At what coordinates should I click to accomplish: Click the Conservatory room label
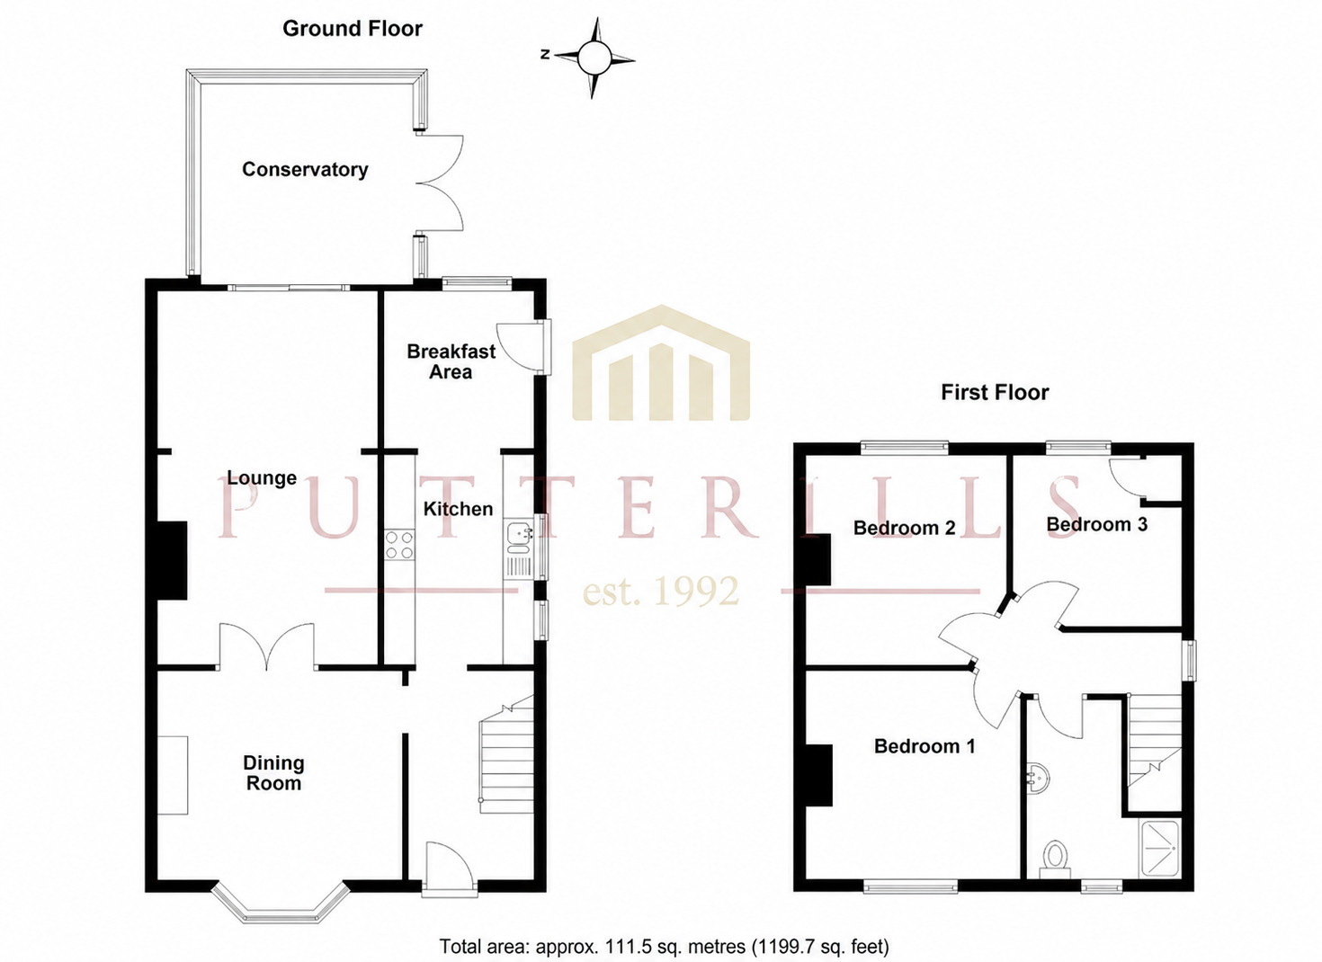point(305,169)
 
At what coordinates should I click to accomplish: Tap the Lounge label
point(262,477)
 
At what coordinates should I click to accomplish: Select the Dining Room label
point(273,773)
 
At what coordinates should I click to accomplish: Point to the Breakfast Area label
point(451,361)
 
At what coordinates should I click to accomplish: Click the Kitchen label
point(458,509)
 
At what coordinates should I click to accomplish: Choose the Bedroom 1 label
point(925,746)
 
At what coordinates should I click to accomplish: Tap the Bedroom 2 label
point(904,528)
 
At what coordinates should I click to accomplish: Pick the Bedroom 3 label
point(1096,524)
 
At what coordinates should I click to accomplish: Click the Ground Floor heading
point(353,29)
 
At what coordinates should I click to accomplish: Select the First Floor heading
point(995,393)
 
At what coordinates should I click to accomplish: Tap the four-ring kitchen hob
point(399,546)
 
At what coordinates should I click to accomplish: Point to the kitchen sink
point(520,548)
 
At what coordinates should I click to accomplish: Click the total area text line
point(664,947)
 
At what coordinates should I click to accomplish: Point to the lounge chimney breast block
point(173,560)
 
